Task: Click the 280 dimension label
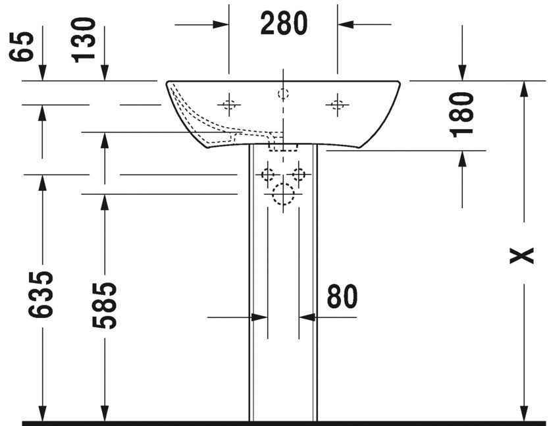(284, 23)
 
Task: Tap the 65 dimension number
(22, 47)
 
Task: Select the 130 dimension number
(84, 40)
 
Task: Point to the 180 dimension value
(461, 115)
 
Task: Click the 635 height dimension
(41, 294)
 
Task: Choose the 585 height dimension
(104, 306)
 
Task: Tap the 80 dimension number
(342, 296)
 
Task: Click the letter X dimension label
(522, 255)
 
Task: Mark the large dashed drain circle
(283, 194)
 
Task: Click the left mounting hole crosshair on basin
(229, 105)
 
